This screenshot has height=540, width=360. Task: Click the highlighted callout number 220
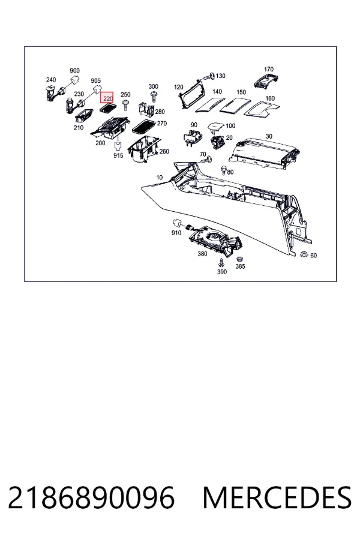(108, 98)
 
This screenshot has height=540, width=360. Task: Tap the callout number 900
(75, 71)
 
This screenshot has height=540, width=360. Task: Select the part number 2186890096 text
(91, 497)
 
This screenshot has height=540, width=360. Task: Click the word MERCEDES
(277, 497)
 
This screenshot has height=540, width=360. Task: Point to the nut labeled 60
(304, 254)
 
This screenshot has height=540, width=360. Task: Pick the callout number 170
(269, 69)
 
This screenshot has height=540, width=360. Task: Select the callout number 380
(202, 254)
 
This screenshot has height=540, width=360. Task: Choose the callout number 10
(159, 178)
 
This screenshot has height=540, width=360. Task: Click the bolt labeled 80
(224, 170)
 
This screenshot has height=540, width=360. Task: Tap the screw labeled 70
(206, 160)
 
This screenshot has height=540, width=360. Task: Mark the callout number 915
(118, 155)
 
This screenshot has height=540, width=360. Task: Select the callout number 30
(269, 136)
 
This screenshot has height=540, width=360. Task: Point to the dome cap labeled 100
(215, 127)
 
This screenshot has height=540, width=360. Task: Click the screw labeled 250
(126, 104)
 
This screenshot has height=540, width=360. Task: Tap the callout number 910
(176, 233)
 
